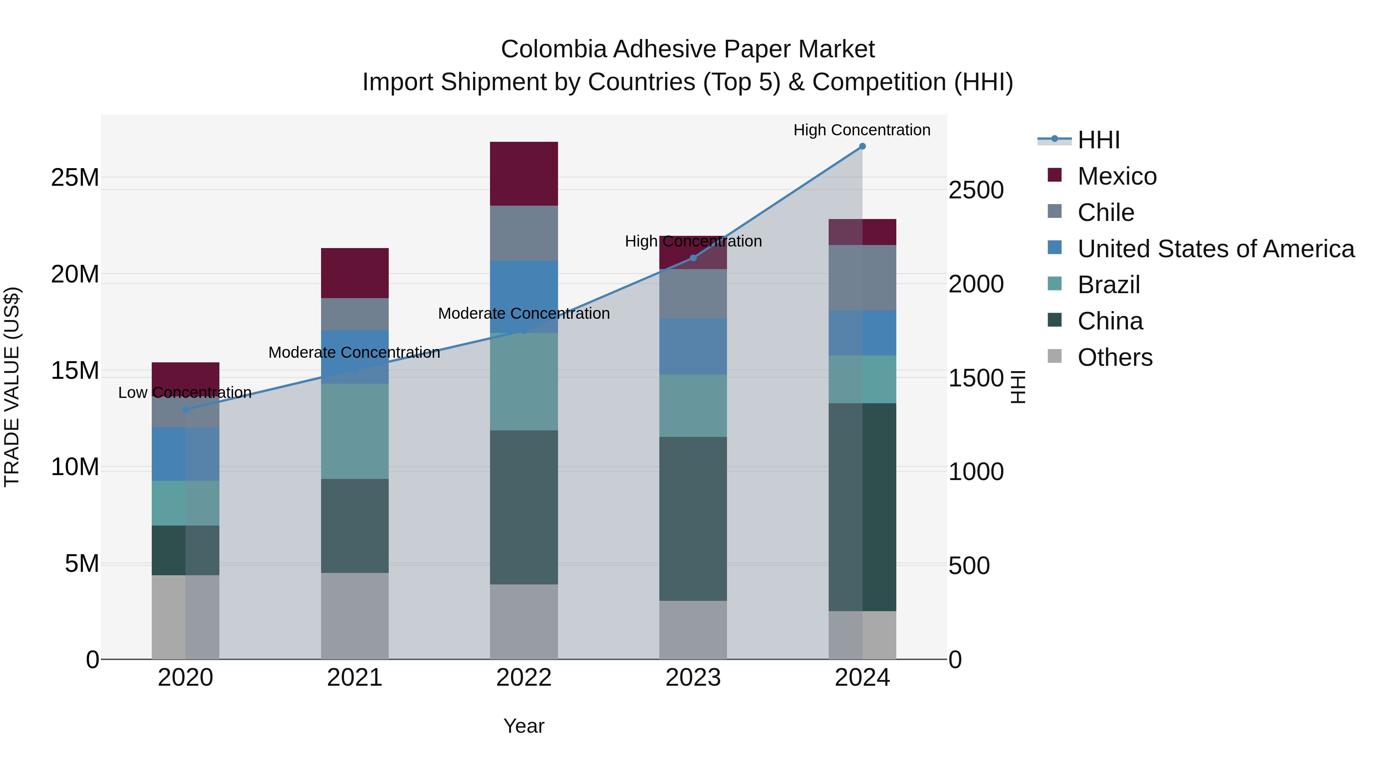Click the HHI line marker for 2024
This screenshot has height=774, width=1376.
(862, 146)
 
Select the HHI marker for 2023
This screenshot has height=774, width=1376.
(693, 258)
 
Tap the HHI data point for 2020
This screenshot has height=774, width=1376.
(185, 410)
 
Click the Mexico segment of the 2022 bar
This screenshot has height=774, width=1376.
(524, 174)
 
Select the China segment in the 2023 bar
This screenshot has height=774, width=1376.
(693, 518)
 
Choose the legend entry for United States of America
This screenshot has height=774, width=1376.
(1215, 249)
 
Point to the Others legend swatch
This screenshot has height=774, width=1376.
(1055, 356)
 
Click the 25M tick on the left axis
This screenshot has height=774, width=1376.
(75, 177)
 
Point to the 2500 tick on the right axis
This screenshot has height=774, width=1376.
(976, 190)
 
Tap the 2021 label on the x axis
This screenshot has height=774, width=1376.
(355, 678)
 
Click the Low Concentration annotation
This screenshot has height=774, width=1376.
(185, 393)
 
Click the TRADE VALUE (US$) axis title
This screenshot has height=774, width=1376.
(12, 387)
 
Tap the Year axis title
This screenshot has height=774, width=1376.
(524, 726)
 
